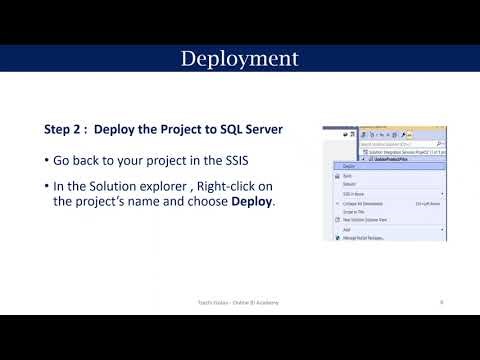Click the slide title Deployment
click(x=239, y=58)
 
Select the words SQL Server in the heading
click(x=250, y=129)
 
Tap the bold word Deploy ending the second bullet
click(x=252, y=201)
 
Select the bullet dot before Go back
click(x=48, y=162)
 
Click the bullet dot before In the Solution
click(x=48, y=187)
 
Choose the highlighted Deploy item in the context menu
click(x=349, y=166)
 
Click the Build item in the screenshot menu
click(x=346, y=176)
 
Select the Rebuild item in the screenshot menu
click(x=349, y=185)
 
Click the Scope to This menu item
click(x=352, y=211)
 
